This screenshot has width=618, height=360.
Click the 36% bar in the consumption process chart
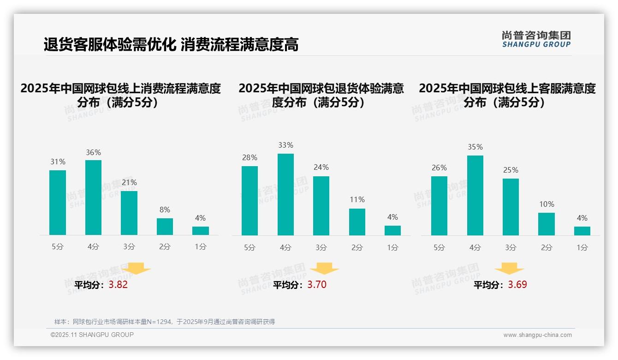(x=93, y=198)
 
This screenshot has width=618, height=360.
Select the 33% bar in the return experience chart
(x=285, y=194)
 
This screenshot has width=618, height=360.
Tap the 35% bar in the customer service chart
(x=475, y=195)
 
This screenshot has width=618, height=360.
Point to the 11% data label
(x=357, y=199)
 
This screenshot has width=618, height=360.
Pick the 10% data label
(x=547, y=204)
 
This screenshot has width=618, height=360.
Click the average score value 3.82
(x=118, y=285)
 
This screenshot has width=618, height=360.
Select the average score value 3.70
(x=317, y=285)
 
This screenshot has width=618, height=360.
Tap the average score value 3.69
(x=517, y=285)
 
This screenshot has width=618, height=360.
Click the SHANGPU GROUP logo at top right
(x=536, y=39)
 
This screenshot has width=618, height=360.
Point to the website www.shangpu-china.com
(x=537, y=335)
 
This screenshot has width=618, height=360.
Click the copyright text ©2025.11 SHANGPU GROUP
(x=92, y=335)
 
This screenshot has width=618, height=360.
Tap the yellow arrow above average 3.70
(x=324, y=269)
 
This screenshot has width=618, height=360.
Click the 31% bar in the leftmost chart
(x=58, y=203)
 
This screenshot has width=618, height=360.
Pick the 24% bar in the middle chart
(x=321, y=206)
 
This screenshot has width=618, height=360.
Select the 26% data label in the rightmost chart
(x=439, y=168)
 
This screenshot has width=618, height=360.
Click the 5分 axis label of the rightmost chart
(x=439, y=247)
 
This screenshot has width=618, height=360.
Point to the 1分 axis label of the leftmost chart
(x=201, y=246)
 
